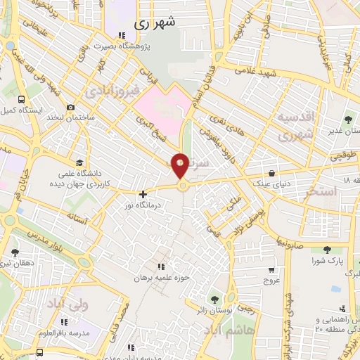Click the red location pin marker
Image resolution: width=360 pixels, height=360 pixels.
tap(181, 165)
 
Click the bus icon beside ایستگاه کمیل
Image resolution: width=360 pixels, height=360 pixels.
tap(21, 100)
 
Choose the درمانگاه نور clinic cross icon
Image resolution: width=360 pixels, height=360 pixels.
tap(143, 194)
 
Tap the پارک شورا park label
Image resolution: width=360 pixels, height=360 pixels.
tap(326, 261)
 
